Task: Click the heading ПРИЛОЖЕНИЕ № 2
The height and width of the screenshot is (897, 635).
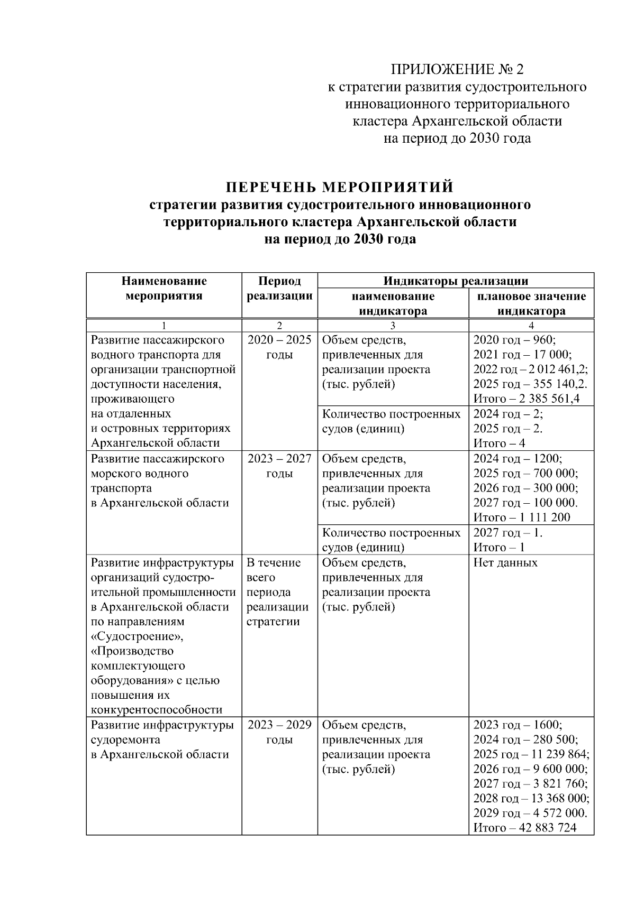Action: pos(457,69)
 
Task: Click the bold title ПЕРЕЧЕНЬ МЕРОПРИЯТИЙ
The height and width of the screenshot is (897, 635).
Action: pos(340,187)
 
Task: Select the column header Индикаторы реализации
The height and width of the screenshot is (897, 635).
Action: pos(456,281)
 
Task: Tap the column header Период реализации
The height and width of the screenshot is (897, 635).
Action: pos(279,288)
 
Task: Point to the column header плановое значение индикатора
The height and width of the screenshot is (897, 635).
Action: pos(531,303)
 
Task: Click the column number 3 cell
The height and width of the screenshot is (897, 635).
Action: pos(393,326)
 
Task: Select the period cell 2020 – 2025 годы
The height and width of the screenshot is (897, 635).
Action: pos(279,347)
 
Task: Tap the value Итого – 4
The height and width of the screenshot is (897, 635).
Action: pos(499,443)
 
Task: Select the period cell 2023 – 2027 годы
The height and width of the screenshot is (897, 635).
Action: pos(279,466)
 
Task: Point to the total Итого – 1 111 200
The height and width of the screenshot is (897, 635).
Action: pos(521,517)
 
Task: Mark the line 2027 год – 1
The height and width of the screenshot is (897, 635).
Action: pos(507,532)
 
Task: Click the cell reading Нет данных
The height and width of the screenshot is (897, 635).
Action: pos(505,562)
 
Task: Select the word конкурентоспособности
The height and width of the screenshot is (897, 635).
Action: pos(157,709)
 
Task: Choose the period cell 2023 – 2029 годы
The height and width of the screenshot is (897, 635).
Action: pos(279,732)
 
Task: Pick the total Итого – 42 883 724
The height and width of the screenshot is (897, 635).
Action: pos(524,828)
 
